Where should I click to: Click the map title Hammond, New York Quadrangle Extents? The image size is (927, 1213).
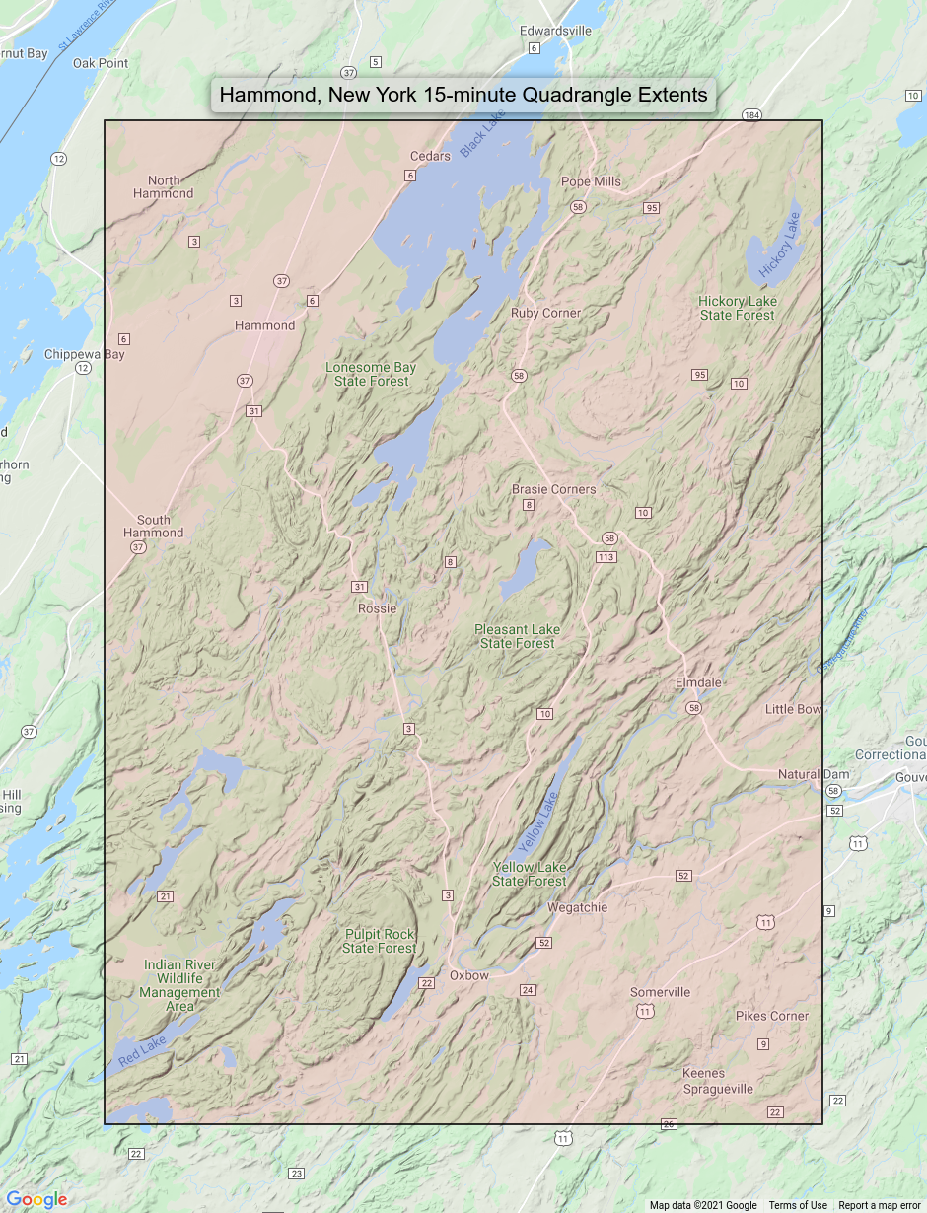463,96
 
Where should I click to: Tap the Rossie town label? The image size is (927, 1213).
377,608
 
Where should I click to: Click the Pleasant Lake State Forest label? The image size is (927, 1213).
517,636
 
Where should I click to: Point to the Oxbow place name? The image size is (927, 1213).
468,975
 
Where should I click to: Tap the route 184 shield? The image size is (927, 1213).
752,115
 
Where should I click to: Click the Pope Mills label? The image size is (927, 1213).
591,181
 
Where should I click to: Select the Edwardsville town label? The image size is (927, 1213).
555,31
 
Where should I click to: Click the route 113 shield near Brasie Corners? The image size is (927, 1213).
606,557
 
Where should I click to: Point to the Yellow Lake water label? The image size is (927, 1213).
538,822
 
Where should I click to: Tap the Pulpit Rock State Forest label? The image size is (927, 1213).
380,941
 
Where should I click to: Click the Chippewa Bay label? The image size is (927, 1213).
84,354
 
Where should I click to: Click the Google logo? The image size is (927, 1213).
36,1199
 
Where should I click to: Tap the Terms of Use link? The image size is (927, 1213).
798,1205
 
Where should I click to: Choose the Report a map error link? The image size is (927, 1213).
881,1205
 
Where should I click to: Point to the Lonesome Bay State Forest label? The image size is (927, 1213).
371,374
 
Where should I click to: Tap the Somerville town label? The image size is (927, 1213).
661,992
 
